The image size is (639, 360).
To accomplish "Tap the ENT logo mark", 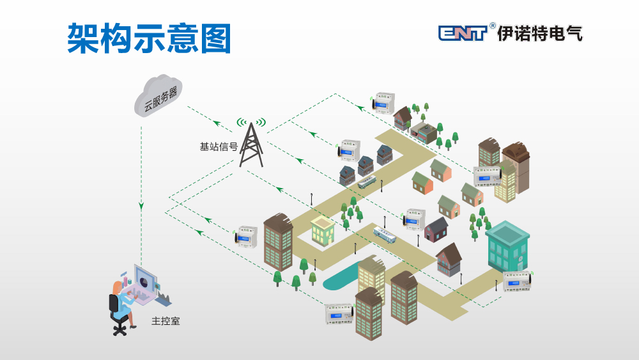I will pos(463,33).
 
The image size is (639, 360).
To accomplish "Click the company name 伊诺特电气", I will pos(540,33).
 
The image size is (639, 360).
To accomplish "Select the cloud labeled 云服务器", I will pos(159,96).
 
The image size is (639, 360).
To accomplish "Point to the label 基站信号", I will pos(219,146).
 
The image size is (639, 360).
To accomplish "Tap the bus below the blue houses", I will pos(367,182).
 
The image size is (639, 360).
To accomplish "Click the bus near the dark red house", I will pos(385,235).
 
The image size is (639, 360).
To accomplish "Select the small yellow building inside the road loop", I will pos(323,231).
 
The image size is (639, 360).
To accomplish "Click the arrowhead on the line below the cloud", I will pos(141,207).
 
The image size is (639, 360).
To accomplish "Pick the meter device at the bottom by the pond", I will pos(339,313).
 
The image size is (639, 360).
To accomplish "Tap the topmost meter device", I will pos(383,102).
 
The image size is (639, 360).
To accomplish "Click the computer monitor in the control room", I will pos(145,281).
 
